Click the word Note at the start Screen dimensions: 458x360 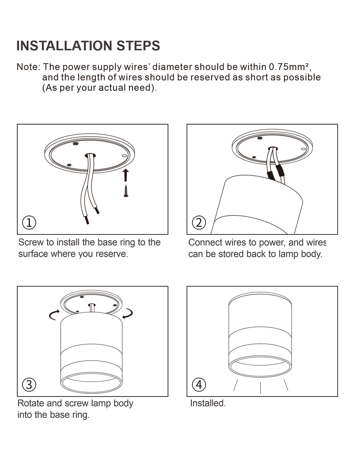click(x=27, y=67)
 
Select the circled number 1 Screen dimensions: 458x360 click(x=29, y=222)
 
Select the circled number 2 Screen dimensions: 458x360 click(x=199, y=222)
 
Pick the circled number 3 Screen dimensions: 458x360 click(x=29, y=384)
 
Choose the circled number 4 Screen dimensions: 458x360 click(x=199, y=384)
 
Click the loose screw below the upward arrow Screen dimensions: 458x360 click(x=126, y=191)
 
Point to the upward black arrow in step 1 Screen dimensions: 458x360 click(x=126, y=175)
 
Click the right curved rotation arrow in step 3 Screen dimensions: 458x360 click(x=128, y=313)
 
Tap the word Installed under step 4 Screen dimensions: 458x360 click(x=207, y=403)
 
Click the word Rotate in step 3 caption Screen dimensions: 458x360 click(x=30, y=403)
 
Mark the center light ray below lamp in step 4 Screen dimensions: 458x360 click(x=260, y=387)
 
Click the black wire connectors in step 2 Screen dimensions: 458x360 click(x=275, y=174)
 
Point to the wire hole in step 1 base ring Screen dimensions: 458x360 click(x=90, y=155)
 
